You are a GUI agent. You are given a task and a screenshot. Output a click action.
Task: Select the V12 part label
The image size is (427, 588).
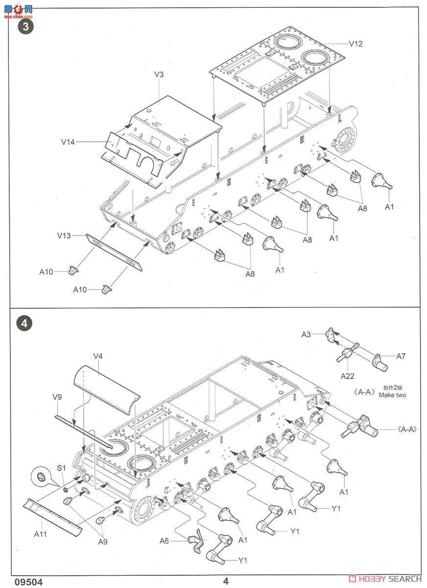356,44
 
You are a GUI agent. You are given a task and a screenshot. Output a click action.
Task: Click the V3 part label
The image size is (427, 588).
159,74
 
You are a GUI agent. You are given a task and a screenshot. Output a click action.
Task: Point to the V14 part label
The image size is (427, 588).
68,142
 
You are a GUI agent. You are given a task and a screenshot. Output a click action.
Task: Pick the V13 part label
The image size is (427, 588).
64,236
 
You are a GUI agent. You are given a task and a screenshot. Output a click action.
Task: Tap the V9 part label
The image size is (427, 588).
57,397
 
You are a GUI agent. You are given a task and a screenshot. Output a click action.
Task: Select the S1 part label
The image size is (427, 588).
61,468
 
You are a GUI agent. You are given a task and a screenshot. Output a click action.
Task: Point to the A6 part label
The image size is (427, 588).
165,540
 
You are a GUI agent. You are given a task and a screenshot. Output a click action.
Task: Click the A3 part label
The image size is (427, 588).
306,334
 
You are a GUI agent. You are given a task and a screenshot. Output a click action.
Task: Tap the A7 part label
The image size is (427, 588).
401,356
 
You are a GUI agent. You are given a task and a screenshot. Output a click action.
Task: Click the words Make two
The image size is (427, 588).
392,395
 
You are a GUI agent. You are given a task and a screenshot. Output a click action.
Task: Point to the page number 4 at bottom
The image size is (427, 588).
226,582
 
